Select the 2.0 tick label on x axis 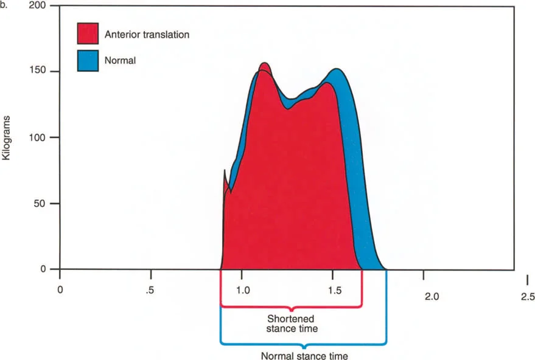pos(431,296)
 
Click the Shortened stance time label pos(292,324)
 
